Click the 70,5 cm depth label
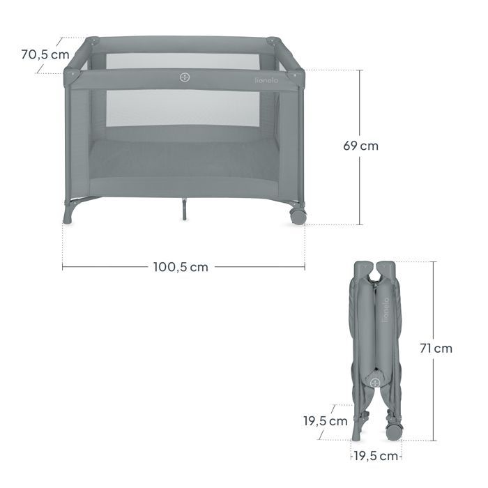coord(45,55)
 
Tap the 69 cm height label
coord(360,146)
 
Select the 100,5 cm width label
coord(181,267)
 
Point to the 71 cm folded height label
coord(436,349)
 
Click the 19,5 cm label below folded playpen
coord(376,456)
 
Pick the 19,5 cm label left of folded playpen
coord(326,421)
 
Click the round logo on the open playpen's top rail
coord(185,77)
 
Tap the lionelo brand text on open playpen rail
coord(267,80)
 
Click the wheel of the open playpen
coord(298,216)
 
